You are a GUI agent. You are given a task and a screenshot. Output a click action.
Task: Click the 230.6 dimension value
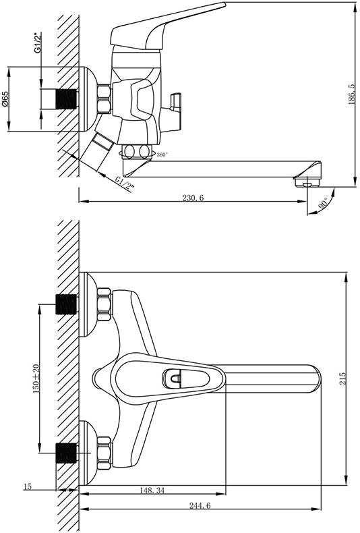(x=193, y=198)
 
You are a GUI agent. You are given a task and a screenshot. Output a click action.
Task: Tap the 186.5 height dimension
(x=352, y=94)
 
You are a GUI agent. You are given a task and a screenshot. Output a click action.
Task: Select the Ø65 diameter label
(x=5, y=99)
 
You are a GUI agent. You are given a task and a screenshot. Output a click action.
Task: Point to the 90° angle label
(x=322, y=203)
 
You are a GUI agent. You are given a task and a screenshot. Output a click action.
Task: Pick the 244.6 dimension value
(x=200, y=506)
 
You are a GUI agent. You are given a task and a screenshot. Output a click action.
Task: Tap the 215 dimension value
(x=343, y=378)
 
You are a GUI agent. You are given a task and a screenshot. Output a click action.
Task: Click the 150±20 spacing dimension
(x=36, y=378)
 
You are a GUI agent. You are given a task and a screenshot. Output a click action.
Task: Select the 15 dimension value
(x=27, y=486)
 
